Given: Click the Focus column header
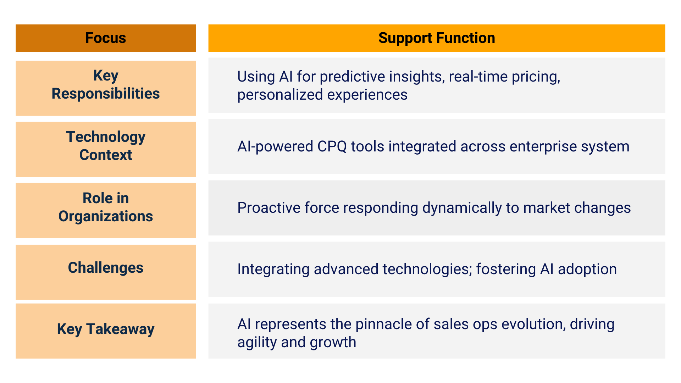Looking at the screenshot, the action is [106, 38].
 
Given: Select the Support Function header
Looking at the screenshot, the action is [437, 38].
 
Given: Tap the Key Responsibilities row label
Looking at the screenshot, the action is [106, 85].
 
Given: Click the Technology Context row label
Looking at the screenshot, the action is [106, 146].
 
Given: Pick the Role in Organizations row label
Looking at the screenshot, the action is [106, 207].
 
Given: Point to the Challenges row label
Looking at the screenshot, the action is [106, 268].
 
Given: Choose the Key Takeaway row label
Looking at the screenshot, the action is [106, 329].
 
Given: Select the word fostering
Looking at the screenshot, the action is [506, 270].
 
